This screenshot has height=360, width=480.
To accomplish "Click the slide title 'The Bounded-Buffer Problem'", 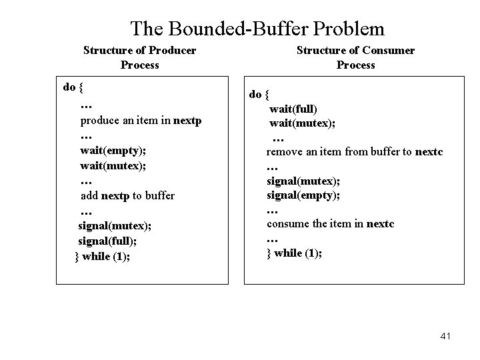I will pos(257,29).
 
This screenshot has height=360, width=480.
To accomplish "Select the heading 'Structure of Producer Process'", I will pos(139,57).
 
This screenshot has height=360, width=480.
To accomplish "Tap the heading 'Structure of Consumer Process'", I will pos(355,57).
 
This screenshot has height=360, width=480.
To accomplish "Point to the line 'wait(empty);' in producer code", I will pos(111,150).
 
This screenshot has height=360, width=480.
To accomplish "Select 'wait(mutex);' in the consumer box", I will pos(302,123).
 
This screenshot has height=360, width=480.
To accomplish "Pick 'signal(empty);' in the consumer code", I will pos(303,194).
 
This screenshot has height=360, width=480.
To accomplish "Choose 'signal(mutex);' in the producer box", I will pos(115,225).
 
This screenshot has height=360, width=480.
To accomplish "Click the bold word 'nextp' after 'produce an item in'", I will pos(187,121).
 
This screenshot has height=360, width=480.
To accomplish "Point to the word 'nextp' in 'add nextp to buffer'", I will pos(115,195).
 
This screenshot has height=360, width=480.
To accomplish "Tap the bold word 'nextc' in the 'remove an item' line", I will pos(429,152).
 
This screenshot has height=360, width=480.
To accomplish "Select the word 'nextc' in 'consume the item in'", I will pos(380,224).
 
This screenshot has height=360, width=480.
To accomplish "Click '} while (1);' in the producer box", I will pos(103,256).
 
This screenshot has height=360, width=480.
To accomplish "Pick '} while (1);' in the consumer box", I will pos(294,253).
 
